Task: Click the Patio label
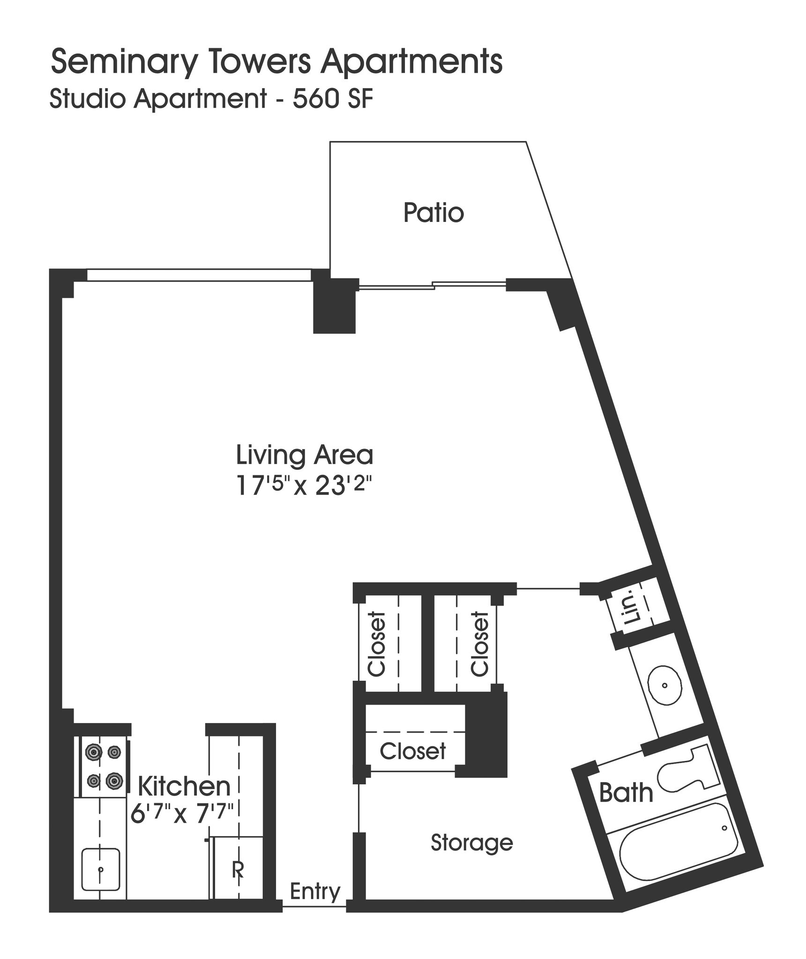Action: [433, 213]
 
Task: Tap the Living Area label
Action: [305, 455]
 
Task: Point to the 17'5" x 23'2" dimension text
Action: [305, 486]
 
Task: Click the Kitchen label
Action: [184, 786]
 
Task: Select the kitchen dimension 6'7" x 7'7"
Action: [182, 814]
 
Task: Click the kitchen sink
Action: [101, 870]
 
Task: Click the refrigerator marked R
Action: [238, 869]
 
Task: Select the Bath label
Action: [626, 793]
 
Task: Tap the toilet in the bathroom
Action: [687, 769]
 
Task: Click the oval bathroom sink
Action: [664, 686]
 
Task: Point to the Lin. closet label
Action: [632, 611]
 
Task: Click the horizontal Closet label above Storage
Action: [413, 751]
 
